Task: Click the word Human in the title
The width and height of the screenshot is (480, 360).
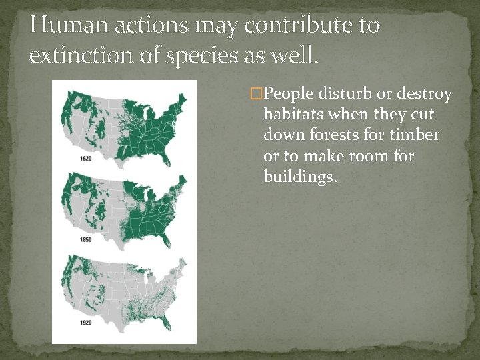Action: point(59,26)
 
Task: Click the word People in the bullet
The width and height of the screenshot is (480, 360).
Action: point(291,93)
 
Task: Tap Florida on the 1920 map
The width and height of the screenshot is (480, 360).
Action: point(167,326)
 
